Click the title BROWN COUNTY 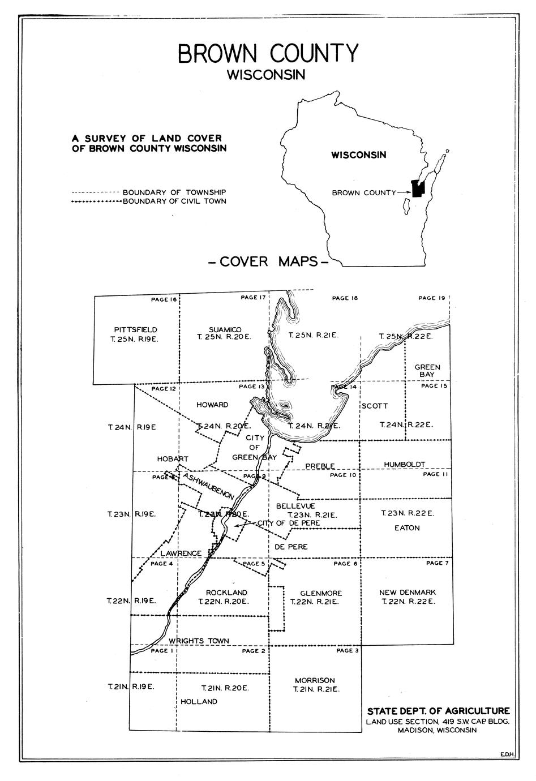268,53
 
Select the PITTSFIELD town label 135,329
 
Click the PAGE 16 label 164,299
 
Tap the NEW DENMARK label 408,593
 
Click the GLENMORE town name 314,593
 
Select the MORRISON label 315,680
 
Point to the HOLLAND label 199,701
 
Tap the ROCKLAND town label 226,593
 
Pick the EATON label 407,527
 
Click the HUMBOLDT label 404,464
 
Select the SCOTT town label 375,406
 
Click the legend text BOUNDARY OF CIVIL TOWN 174,201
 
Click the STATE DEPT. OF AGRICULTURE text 438,711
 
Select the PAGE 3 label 348,651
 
